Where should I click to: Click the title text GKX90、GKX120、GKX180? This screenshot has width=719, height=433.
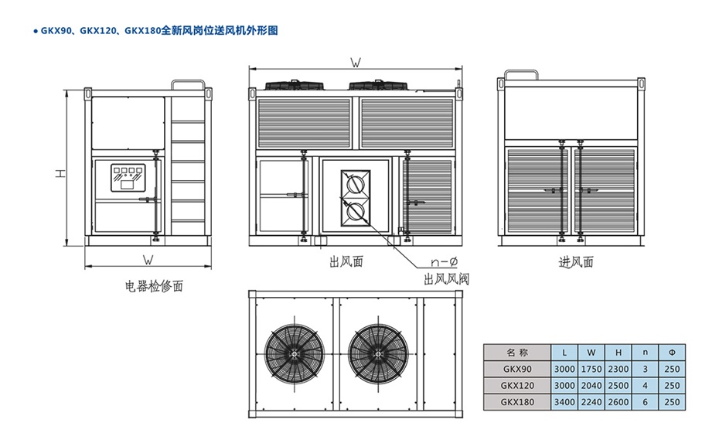pyautogui.click(x=97, y=31)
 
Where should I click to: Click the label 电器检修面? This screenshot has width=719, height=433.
pyautogui.click(x=155, y=286)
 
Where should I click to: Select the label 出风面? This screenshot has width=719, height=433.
pyautogui.click(x=346, y=262)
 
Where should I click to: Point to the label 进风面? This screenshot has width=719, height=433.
pyautogui.click(x=576, y=262)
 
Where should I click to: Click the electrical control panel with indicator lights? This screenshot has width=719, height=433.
pyautogui.click(x=128, y=177)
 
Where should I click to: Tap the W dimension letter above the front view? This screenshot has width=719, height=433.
pyautogui.click(x=356, y=61)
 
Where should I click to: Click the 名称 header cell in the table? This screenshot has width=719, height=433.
pyautogui.click(x=516, y=351)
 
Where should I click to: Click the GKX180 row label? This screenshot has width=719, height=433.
pyautogui.click(x=516, y=402)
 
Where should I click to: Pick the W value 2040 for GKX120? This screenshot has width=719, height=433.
pyautogui.click(x=591, y=385)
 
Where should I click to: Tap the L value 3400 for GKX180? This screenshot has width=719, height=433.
pyautogui.click(x=564, y=402)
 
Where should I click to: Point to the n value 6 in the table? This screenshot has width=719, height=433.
pyautogui.click(x=645, y=402)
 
